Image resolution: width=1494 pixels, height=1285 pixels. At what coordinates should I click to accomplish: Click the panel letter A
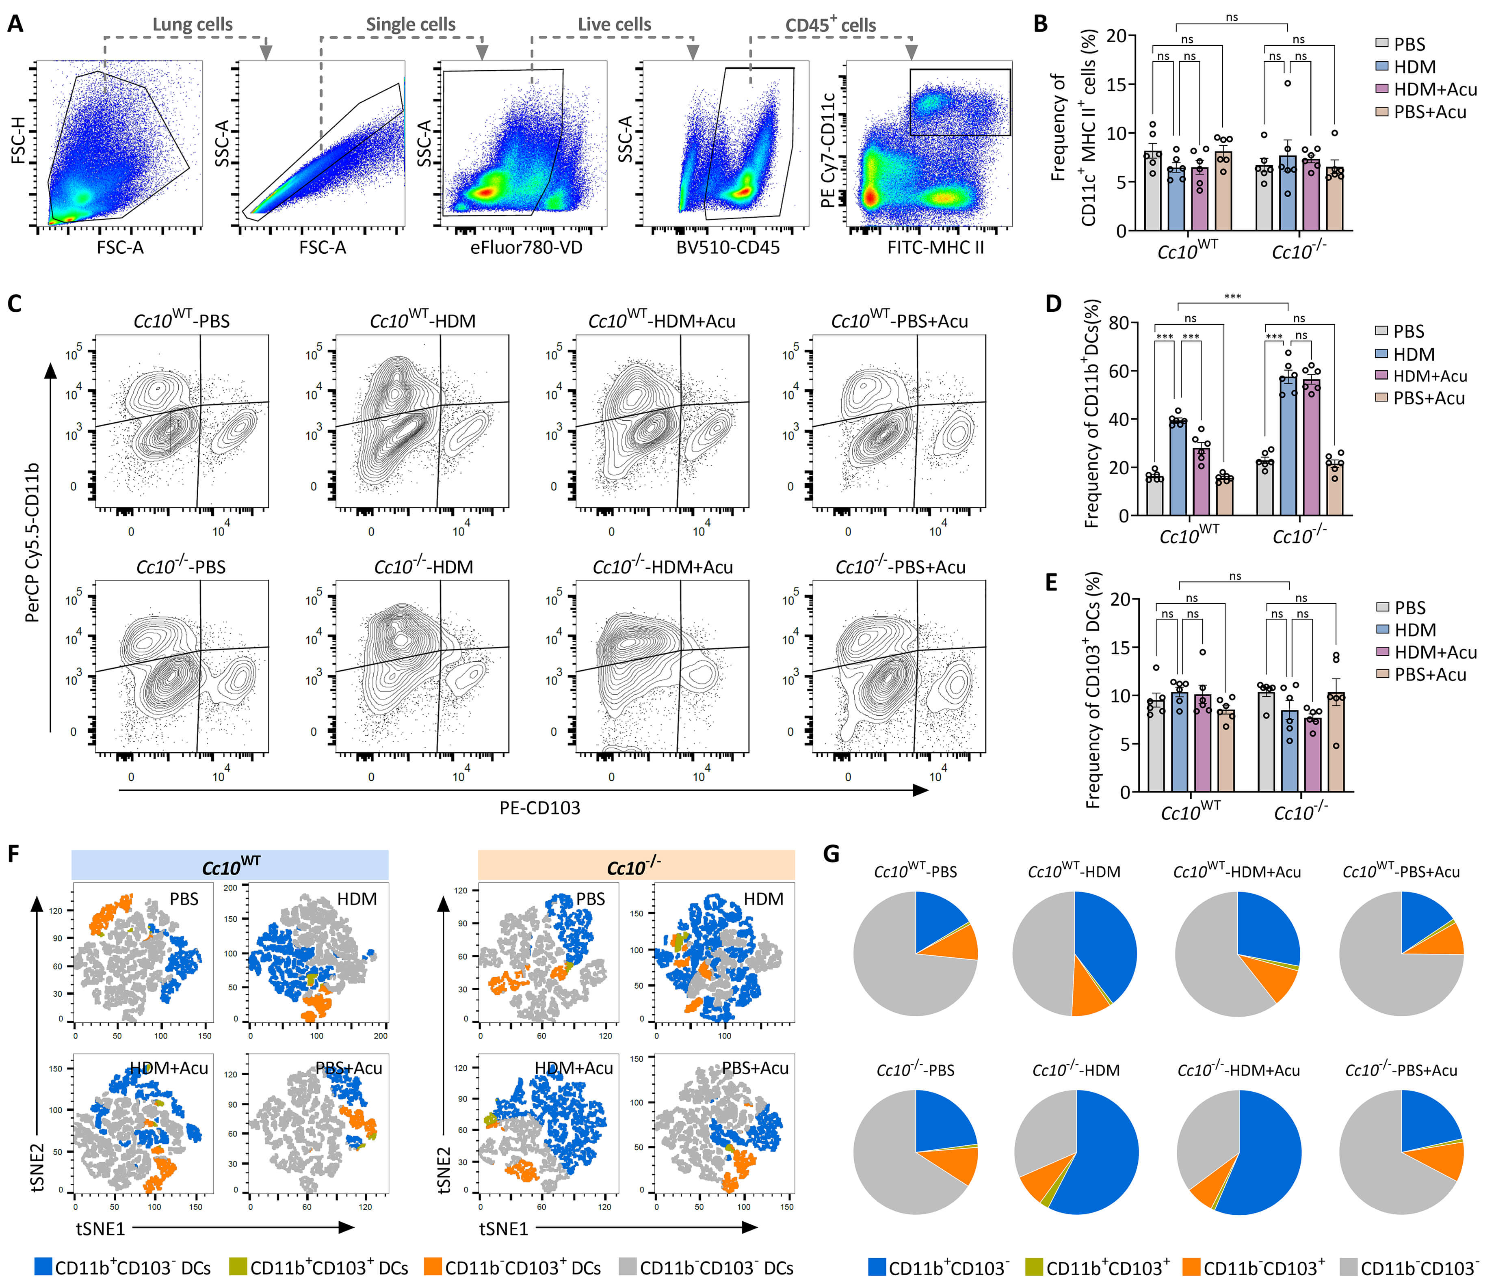pyautogui.click(x=15, y=24)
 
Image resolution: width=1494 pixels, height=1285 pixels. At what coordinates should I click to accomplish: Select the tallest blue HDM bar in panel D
pyautogui.click(x=1288, y=447)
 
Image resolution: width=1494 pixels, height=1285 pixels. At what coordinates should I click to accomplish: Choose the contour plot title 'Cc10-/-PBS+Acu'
pyautogui.click(x=901, y=567)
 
